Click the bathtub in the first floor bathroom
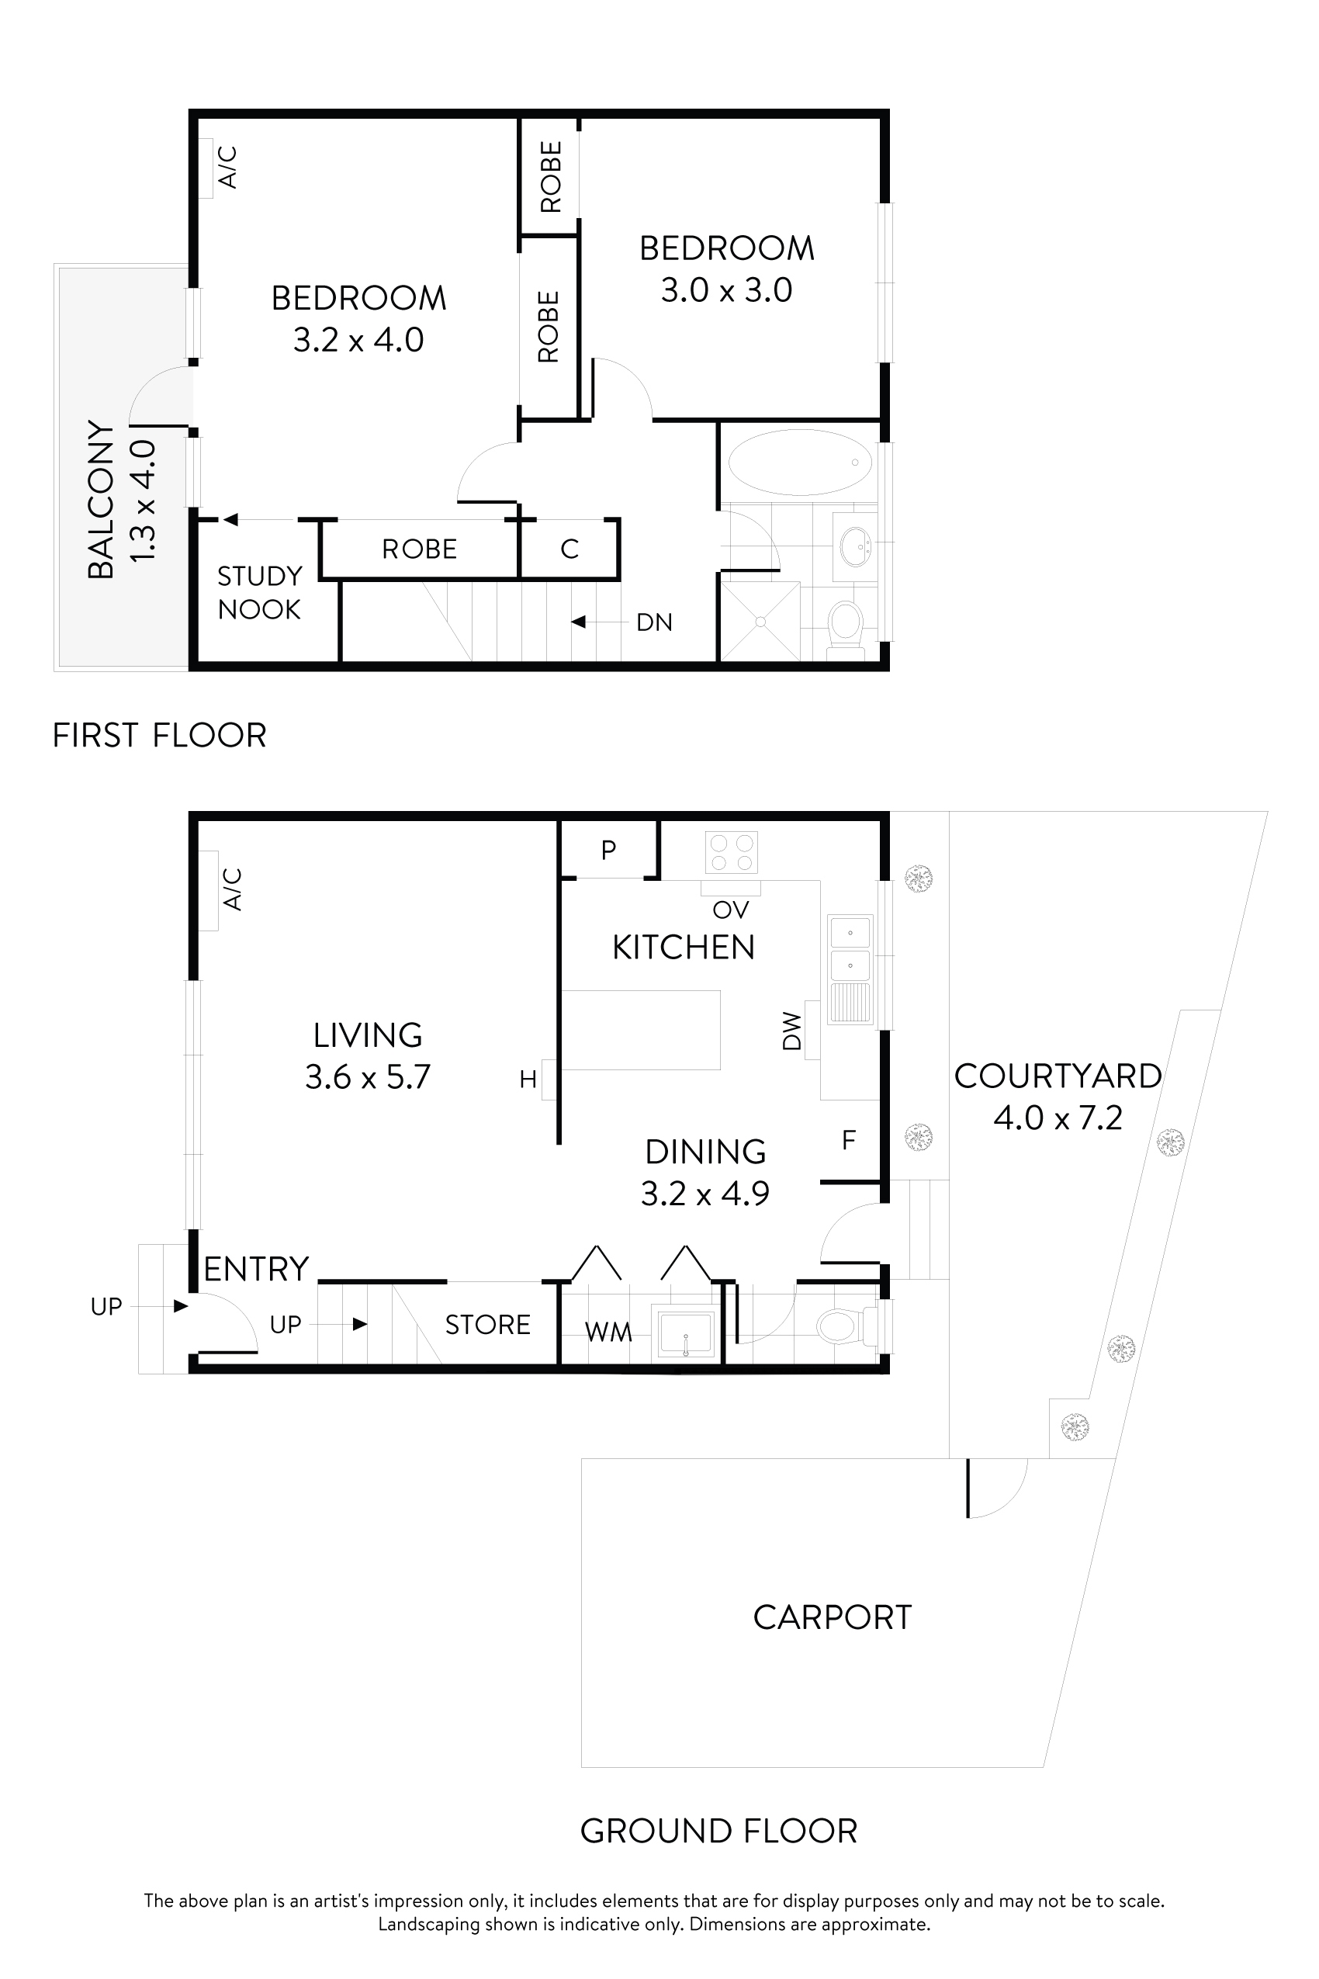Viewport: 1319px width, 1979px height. [x=799, y=462]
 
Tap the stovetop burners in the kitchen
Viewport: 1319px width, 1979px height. [x=731, y=851]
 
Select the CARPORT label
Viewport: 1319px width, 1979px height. [x=832, y=1617]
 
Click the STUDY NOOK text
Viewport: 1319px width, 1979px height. [x=259, y=592]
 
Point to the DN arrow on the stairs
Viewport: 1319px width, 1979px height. [x=579, y=622]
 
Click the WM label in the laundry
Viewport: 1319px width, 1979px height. [x=608, y=1332]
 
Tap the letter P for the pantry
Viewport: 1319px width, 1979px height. [x=608, y=850]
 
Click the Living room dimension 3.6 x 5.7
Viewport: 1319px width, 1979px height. [x=368, y=1077]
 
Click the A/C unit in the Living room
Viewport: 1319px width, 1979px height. [x=208, y=890]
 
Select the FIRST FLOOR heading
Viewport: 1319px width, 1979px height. [x=159, y=736]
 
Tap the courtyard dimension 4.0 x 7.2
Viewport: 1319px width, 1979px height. [x=1058, y=1118]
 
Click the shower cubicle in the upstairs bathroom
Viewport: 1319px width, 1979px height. [x=760, y=621]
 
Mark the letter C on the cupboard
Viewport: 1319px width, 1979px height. [x=569, y=549]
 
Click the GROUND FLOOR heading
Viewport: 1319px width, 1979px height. [x=718, y=1831]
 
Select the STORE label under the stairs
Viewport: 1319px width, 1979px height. [x=487, y=1326]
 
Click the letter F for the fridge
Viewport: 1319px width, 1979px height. [x=848, y=1140]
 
